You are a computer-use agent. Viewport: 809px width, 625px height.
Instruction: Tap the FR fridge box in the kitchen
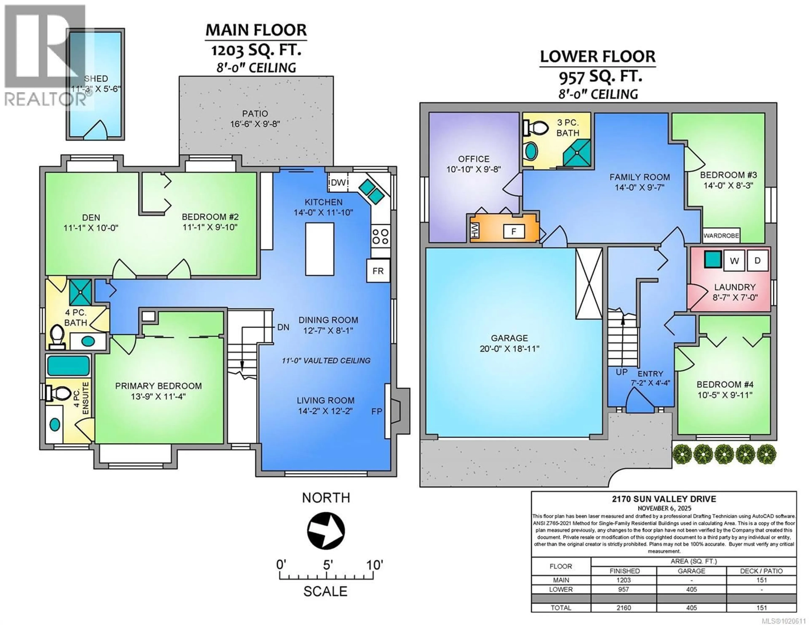378,271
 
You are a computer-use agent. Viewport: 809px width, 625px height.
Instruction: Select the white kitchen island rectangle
320,249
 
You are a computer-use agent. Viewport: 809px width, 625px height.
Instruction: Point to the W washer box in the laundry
734,261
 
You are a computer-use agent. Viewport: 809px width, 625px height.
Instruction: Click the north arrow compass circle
326,531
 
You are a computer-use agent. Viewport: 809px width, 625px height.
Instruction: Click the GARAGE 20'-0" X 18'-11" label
509,343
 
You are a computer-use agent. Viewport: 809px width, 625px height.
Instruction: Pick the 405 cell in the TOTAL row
691,608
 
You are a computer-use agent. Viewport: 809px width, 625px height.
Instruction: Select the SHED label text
96,79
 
